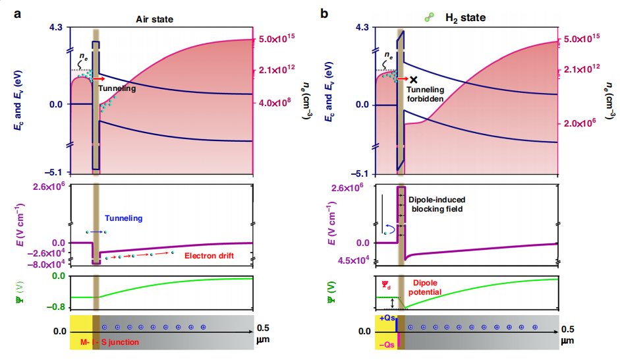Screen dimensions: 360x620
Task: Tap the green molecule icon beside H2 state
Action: (430, 18)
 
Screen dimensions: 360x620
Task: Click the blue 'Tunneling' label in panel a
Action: (123, 218)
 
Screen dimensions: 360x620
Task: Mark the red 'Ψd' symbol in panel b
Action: (386, 285)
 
